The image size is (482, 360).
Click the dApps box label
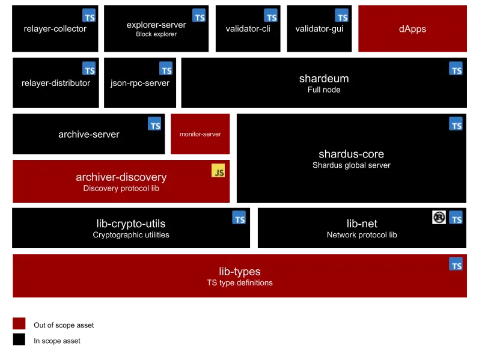tap(412, 29)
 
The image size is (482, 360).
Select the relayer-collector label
tap(55, 29)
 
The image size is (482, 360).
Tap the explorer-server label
tap(156, 25)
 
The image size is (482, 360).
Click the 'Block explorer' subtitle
tap(156, 34)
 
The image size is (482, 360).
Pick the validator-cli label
tap(248, 29)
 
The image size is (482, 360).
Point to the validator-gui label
tap(319, 29)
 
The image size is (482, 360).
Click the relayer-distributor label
tap(56, 83)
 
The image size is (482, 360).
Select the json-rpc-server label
tap(140, 83)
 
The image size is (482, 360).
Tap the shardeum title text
tap(324, 79)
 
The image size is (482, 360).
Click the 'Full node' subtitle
tap(324, 90)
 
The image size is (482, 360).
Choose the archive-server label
tap(89, 134)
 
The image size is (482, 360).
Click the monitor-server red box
tap(200, 134)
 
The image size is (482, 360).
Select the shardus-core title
tap(351, 154)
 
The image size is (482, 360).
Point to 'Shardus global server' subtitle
tap(351, 165)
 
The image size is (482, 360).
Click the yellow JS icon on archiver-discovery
tap(218, 171)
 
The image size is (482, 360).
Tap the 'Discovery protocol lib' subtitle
tap(121, 188)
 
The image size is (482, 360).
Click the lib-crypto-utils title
tap(131, 224)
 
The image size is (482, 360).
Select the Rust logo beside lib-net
tap(439, 217)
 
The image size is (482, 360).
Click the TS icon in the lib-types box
tap(456, 264)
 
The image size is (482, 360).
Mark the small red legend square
tap(19, 324)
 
